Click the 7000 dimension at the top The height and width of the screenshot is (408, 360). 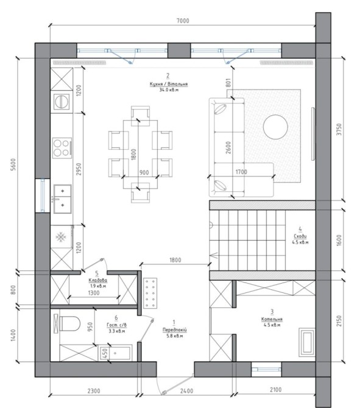click(183, 21)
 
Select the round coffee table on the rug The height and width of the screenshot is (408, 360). click(275, 127)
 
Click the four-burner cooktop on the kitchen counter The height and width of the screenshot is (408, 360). click(62, 148)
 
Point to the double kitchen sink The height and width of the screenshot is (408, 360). click(63, 199)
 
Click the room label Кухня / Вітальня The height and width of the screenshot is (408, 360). click(169, 84)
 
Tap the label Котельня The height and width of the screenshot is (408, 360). click(272, 319)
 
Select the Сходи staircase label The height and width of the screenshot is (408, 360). click(300, 236)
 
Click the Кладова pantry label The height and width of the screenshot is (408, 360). click(98, 280)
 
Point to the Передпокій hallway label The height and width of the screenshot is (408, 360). click(175, 329)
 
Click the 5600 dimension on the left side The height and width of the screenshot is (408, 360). click(13, 164)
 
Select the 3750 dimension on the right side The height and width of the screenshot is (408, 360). click(339, 129)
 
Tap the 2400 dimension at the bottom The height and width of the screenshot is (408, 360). click(186, 391)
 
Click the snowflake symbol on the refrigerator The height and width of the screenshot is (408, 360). click(61, 237)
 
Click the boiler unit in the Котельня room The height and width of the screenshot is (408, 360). click(307, 342)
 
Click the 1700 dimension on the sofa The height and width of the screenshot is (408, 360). click(241, 172)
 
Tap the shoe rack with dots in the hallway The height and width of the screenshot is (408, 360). click(150, 293)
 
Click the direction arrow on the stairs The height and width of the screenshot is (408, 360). click(213, 256)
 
